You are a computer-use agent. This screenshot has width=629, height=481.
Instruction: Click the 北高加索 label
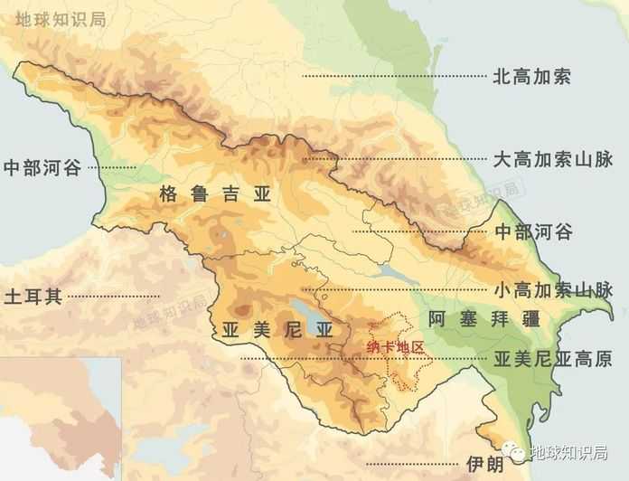[531, 77]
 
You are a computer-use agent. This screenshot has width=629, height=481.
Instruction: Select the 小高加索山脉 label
[553, 291]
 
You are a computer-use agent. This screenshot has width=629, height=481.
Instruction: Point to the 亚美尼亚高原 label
[553, 359]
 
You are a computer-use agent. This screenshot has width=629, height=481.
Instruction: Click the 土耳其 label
[33, 297]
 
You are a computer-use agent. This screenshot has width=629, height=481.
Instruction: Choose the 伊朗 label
[483, 464]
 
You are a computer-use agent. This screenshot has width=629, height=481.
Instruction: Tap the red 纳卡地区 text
[395, 346]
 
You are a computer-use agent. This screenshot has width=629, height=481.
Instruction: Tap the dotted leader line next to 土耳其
[113, 297]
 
